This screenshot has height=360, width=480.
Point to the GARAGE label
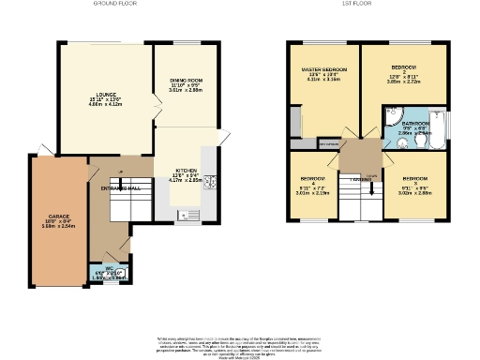(59, 220)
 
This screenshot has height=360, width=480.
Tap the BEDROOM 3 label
(415, 182)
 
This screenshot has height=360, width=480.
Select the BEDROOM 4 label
(312, 183)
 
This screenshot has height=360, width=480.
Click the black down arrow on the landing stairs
(373, 187)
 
